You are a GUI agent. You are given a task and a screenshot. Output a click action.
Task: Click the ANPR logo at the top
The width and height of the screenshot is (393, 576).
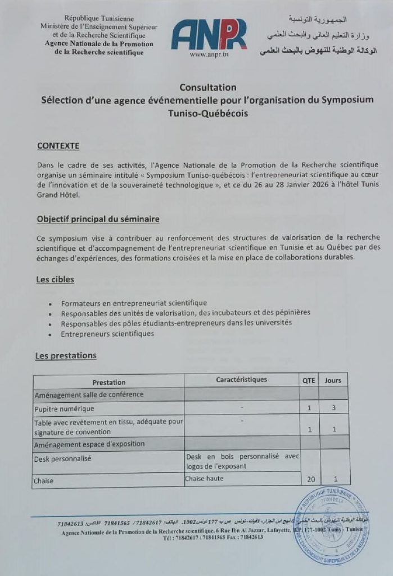click(209, 34)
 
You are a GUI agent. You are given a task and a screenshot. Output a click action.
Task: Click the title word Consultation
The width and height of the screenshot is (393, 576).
click(208, 87)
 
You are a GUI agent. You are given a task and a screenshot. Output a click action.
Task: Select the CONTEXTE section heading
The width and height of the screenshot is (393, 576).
click(58, 146)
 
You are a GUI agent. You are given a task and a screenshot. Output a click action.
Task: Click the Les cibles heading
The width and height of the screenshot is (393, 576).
click(55, 279)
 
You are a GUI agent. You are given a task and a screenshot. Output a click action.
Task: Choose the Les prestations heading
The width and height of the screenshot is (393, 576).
click(66, 355)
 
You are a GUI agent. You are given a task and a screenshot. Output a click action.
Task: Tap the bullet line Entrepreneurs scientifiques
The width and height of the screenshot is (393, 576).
click(107, 334)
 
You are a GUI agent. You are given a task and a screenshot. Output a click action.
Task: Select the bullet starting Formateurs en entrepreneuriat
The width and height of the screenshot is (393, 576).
click(134, 303)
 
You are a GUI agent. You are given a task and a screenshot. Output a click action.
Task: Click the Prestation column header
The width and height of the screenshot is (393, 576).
click(109, 382)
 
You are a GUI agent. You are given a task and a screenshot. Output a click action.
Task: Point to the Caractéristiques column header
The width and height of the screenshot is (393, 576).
click(242, 380)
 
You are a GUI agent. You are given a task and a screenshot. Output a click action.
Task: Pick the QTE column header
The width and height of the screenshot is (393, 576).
click(309, 380)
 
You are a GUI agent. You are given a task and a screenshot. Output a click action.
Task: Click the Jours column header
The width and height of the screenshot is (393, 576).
click(333, 380)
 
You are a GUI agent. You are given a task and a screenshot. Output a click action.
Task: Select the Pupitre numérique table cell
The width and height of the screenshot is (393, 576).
click(64, 408)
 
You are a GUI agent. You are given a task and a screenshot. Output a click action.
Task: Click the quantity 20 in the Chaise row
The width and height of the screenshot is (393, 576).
click(309, 479)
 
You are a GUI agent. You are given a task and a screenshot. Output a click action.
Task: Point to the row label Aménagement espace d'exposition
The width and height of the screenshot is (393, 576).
click(90, 444)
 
